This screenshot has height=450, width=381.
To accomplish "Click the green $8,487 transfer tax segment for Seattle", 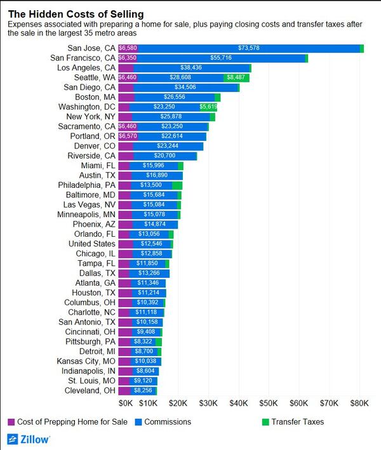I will (236, 77).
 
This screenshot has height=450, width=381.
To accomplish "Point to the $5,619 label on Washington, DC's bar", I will (208, 107).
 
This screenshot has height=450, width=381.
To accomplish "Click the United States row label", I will (91, 244).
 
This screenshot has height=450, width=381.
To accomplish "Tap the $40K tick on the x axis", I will (238, 402).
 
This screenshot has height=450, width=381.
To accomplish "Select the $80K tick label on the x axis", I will (359, 402).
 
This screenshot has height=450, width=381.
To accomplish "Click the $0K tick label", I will (126, 402).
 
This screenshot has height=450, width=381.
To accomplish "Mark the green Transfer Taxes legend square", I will (265, 421).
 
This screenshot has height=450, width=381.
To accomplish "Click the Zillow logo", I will (29, 439).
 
